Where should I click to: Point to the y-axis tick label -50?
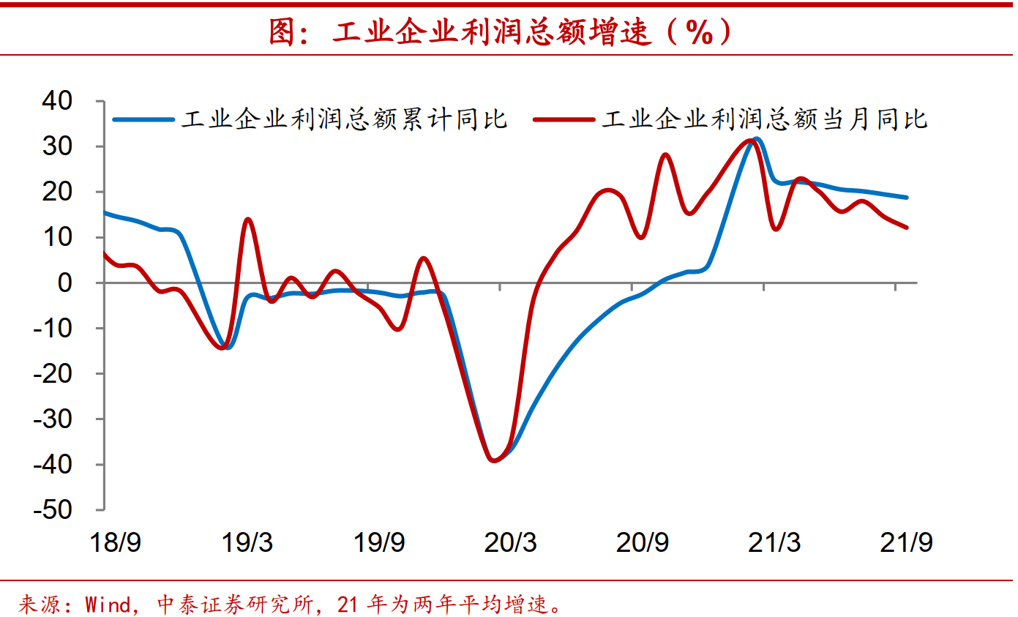pyautogui.click(x=64, y=510)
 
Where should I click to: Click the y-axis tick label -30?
pyautogui.click(x=64, y=419)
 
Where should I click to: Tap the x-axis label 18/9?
pyautogui.click(x=115, y=543)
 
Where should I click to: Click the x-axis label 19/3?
pyautogui.click(x=247, y=543)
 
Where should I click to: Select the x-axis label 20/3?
pyautogui.click(x=510, y=543)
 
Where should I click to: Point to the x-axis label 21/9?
pyautogui.click(x=907, y=543)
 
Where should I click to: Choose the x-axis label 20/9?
pyautogui.click(x=643, y=543)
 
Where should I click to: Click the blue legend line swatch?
pyautogui.click(x=143, y=119)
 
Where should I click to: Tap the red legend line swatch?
pyautogui.click(x=564, y=119)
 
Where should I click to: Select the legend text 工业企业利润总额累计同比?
pyautogui.click(x=344, y=119)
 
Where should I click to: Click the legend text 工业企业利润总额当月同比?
pyautogui.click(x=765, y=119)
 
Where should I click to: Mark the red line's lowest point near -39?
pyautogui.click(x=495, y=460)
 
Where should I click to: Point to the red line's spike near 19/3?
pyautogui.click(x=248, y=219)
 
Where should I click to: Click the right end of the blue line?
pyautogui.click(x=907, y=197)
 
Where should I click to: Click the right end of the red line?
pyautogui.click(x=907, y=228)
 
